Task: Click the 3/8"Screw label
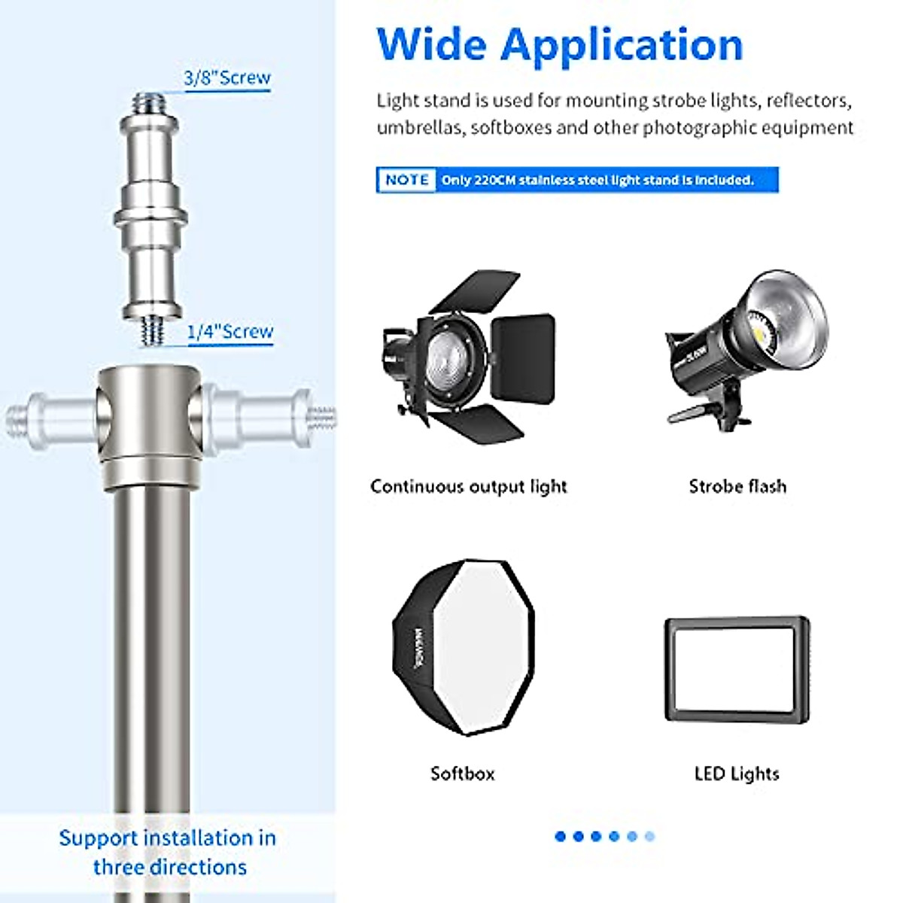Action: click(x=227, y=78)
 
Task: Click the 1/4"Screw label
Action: click(x=230, y=331)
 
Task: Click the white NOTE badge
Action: click(x=406, y=180)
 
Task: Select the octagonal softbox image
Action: click(x=464, y=647)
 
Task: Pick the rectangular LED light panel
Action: click(x=737, y=670)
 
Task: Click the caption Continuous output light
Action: click(x=468, y=487)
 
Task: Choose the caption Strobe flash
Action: click(x=737, y=486)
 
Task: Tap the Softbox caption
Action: click(x=462, y=774)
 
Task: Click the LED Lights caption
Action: click(x=737, y=774)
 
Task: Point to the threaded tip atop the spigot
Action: click(x=150, y=100)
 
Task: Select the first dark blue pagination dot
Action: click(x=560, y=836)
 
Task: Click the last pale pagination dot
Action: click(x=650, y=836)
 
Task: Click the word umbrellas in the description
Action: click(x=421, y=127)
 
